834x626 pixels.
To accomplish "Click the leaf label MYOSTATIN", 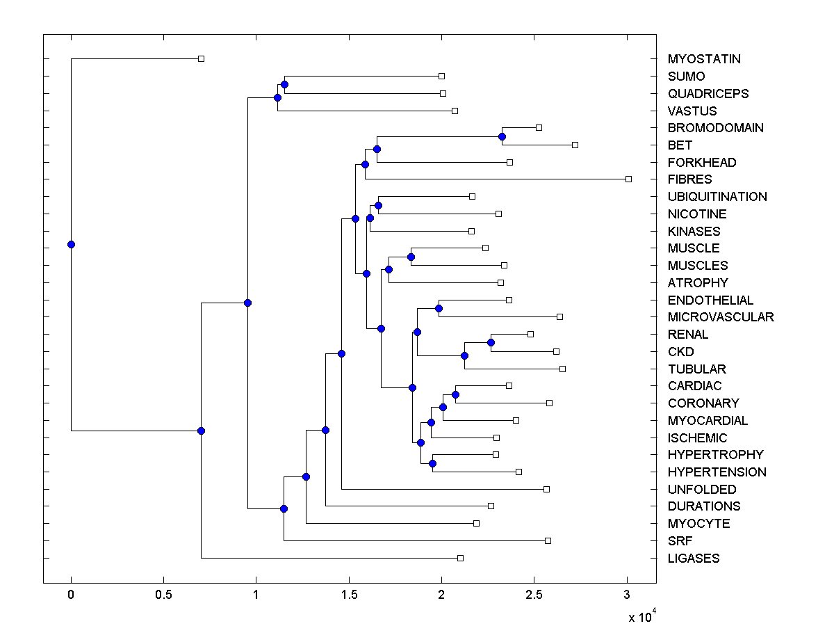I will click(704, 59).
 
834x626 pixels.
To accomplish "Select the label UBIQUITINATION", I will click(717, 197).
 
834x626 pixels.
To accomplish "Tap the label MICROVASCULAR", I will click(721, 317).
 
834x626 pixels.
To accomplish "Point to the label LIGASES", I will click(694, 559).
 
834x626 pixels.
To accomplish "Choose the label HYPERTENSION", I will click(717, 472).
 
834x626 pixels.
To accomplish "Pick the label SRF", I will click(680, 541).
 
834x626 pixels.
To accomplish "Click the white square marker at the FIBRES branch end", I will click(628, 179).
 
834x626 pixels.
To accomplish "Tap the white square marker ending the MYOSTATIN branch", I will click(201, 59).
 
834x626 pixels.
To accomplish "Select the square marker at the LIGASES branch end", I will click(460, 558).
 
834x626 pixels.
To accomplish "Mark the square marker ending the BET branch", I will click(575, 145).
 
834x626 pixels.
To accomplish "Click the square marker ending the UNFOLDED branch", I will click(546, 489).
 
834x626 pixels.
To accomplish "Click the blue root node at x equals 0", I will click(71, 244).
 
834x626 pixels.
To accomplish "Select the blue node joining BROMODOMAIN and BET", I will click(502, 136).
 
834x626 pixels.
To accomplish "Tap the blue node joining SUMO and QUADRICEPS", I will click(284, 85).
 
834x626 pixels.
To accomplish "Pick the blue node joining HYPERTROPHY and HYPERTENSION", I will click(432, 463).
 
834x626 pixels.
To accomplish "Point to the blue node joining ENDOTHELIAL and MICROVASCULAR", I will click(439, 308).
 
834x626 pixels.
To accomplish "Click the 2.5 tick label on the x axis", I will click(534, 595).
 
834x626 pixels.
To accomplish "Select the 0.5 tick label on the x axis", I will click(163, 595).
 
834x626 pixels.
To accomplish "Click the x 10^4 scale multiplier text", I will click(642, 616).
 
